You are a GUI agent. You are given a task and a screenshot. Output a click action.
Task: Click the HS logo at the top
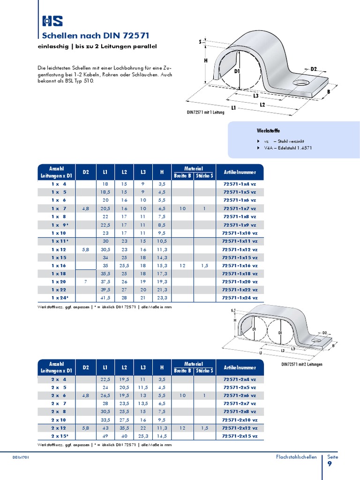pos(52,21)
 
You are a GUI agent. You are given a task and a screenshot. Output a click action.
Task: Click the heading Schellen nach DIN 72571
pos(96,36)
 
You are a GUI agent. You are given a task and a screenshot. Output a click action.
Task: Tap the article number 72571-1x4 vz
pos(239,184)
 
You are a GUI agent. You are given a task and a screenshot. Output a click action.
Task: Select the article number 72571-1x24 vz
pos(239,298)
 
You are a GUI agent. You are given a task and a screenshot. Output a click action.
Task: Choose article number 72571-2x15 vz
pos(239,436)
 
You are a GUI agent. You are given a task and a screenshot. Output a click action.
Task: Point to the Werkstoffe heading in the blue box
pos(269,130)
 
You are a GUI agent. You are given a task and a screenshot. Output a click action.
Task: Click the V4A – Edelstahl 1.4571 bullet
pos(287,148)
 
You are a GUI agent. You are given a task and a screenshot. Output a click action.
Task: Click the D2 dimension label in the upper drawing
pos(313,69)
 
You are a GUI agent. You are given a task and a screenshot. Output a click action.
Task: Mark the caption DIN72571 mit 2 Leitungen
pos(301,364)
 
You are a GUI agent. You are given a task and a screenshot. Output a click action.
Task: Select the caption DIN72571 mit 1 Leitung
pos(205,112)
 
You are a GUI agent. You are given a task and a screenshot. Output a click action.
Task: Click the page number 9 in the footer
pos(330,464)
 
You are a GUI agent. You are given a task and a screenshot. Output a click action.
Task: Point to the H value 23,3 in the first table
pos(162,298)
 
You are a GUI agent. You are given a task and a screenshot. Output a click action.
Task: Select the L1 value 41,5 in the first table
pos(105,298)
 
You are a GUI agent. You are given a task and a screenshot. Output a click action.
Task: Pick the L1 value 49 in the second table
pos(105,436)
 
